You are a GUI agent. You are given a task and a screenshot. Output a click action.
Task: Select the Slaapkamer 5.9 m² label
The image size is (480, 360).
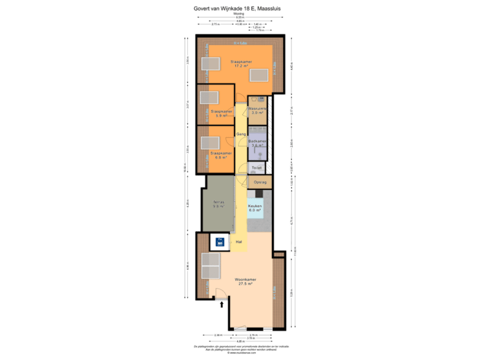(x=221, y=113)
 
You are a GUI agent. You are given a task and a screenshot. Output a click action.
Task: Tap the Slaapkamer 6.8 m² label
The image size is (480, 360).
(x=221, y=153)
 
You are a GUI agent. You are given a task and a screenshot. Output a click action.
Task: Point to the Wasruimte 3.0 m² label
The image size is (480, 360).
(x=257, y=110)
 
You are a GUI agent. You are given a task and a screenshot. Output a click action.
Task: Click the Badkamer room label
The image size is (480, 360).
(x=257, y=143)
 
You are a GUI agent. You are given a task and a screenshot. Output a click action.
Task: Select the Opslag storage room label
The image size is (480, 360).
(x=260, y=182)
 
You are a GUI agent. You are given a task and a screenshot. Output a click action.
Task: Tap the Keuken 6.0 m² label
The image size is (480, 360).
(x=255, y=208)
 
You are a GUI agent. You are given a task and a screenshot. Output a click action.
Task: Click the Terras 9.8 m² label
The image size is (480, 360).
(x=218, y=205)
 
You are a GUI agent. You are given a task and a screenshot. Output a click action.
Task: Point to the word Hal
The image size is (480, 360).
(x=237, y=241)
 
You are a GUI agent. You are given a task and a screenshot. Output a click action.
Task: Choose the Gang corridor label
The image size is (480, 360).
(x=240, y=134)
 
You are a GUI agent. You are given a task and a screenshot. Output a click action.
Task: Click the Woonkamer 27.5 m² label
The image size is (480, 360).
(x=246, y=281)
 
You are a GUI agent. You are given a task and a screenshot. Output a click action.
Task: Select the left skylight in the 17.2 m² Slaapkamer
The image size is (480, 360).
(x=211, y=65)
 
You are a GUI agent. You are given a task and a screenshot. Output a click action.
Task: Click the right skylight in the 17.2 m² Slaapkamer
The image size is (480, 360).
(x=259, y=75)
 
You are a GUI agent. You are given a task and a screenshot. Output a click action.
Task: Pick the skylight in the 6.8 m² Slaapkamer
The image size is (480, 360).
(x=207, y=142)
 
